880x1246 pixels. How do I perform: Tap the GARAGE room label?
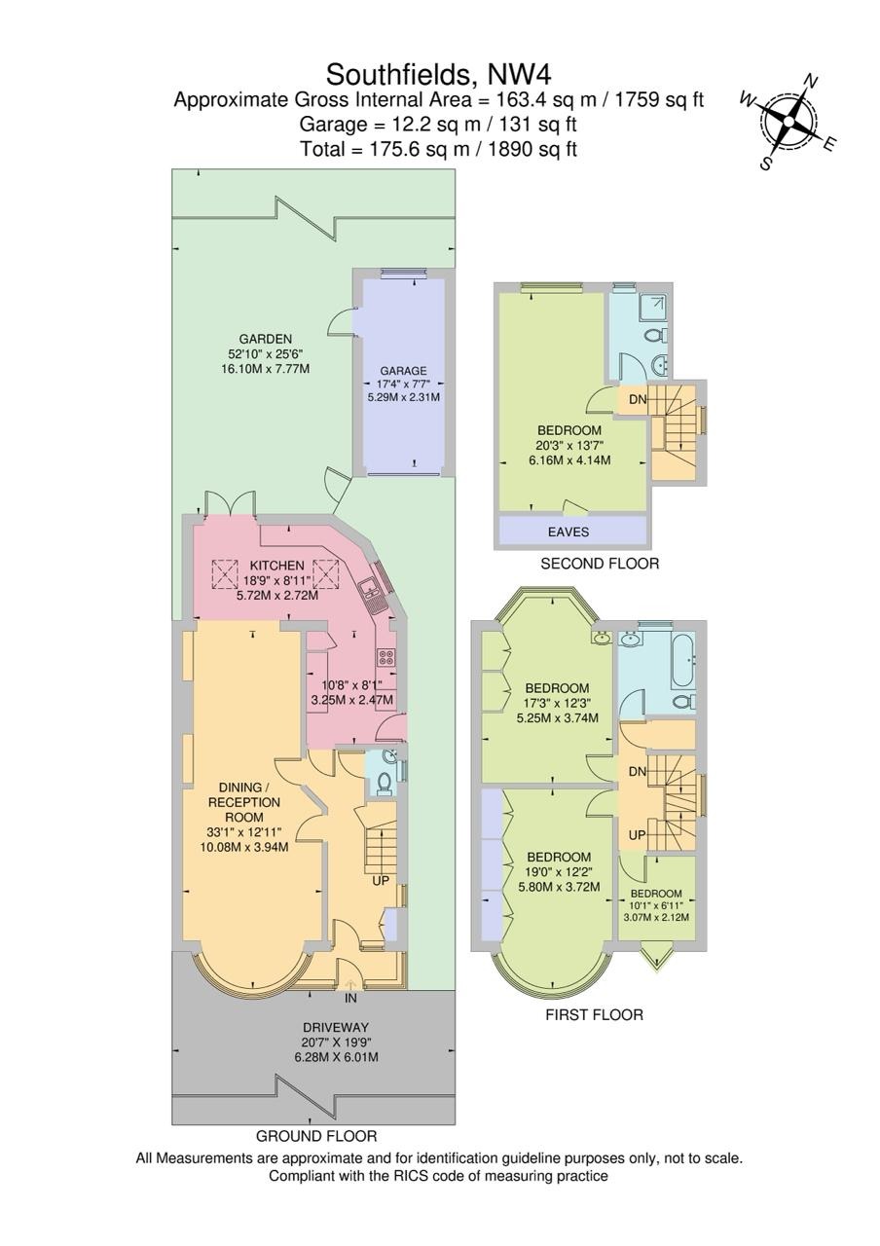point(403,371)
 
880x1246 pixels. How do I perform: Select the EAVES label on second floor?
point(568,531)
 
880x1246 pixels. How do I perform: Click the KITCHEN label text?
point(277,566)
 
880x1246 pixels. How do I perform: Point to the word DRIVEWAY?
point(336,1028)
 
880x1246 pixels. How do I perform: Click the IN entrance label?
point(351,998)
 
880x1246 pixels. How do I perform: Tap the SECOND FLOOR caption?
point(600,564)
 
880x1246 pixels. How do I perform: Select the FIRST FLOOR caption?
point(594,1015)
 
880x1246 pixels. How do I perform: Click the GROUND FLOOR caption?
point(316,1136)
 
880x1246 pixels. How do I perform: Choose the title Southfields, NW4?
point(439,74)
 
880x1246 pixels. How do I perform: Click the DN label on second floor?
point(638,400)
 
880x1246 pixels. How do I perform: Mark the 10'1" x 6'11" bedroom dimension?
point(656,905)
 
